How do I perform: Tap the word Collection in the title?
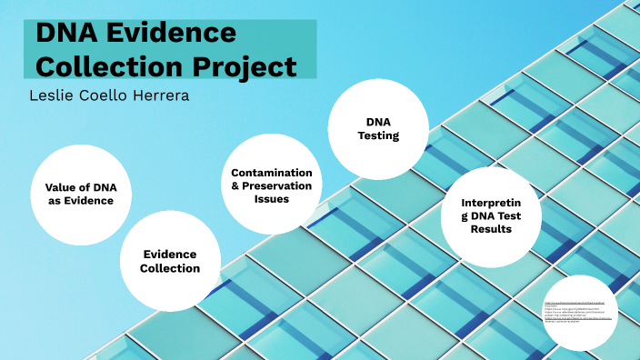(102, 66)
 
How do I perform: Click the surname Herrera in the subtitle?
(159, 95)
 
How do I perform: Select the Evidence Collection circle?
(171, 261)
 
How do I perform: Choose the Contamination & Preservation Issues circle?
(271, 185)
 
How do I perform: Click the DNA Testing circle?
(376, 128)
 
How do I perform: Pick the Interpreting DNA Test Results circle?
(491, 215)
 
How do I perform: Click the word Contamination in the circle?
(272, 173)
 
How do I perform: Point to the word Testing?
(377, 135)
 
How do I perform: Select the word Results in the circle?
(491, 229)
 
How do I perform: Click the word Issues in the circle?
(272, 199)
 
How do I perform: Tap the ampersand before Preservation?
(235, 185)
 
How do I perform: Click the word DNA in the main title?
(66, 35)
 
